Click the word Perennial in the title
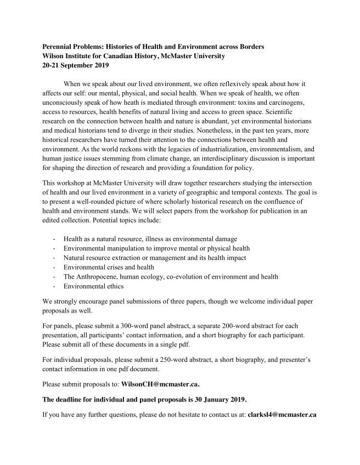click(x=59, y=47)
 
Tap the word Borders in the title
click(x=251, y=47)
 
